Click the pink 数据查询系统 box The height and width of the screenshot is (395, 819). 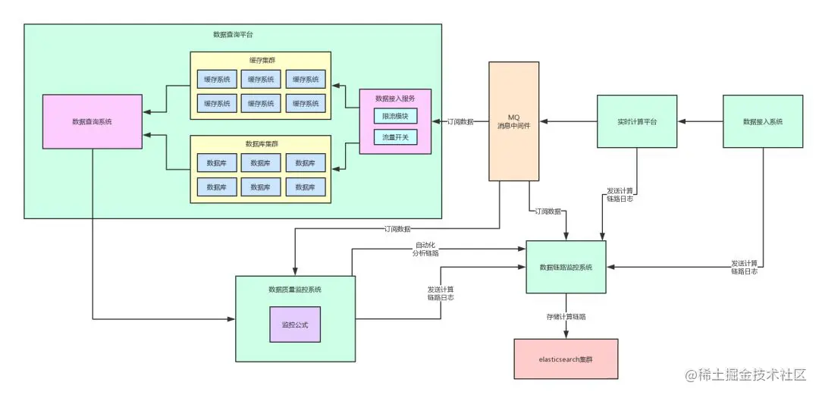click(x=92, y=121)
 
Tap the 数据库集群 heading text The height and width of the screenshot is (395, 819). click(x=260, y=143)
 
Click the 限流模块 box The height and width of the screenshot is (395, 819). click(x=395, y=116)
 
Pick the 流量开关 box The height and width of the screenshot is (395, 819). click(x=395, y=137)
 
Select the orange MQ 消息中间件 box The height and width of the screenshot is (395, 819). click(x=513, y=121)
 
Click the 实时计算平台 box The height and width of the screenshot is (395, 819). click(x=636, y=121)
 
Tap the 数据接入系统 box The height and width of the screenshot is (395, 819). click(x=762, y=121)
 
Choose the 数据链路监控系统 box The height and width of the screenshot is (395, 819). click(x=566, y=267)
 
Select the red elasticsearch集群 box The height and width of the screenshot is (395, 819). click(x=565, y=359)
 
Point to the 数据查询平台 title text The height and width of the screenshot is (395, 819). click(x=233, y=35)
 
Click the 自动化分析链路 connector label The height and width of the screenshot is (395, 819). click(x=426, y=249)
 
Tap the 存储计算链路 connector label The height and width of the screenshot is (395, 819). click(x=566, y=316)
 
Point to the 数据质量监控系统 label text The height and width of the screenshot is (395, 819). click(x=295, y=290)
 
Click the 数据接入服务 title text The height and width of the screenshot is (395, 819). click(x=394, y=98)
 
